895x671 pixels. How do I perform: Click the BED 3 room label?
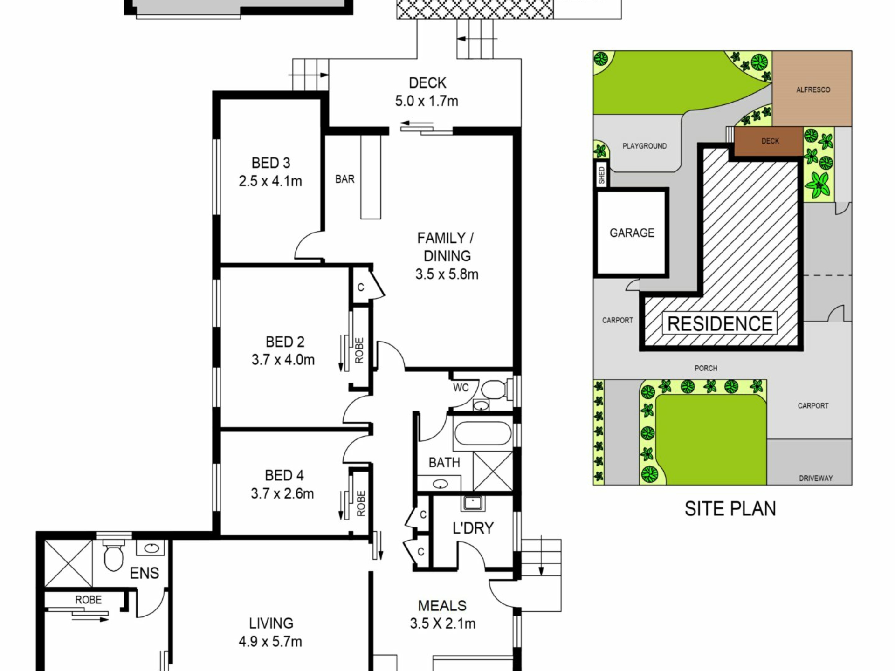click(x=271, y=163)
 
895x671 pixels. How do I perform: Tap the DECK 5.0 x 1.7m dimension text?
click(x=427, y=101)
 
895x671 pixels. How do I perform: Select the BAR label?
click(x=345, y=179)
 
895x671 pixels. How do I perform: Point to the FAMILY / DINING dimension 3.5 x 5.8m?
click(x=447, y=274)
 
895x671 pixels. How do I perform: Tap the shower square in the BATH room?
click(x=493, y=471)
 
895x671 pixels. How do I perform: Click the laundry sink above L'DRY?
click(x=473, y=503)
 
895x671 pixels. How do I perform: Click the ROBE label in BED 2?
click(x=359, y=350)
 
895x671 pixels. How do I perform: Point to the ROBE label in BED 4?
click(x=361, y=503)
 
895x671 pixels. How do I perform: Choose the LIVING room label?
click(x=271, y=623)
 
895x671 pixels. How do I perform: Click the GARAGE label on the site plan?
click(x=632, y=233)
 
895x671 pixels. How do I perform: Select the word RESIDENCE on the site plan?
click(x=720, y=323)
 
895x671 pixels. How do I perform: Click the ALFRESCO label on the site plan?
click(x=813, y=89)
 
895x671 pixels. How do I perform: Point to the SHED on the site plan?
click(x=601, y=175)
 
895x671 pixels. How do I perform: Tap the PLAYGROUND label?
click(x=645, y=146)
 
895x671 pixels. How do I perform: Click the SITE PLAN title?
click(x=730, y=508)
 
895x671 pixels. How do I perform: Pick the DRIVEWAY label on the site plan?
click(x=816, y=478)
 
